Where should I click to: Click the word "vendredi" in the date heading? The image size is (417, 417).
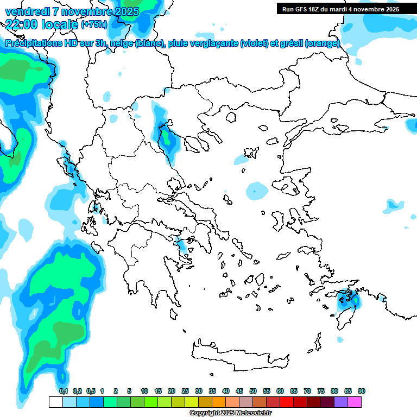point(24,11)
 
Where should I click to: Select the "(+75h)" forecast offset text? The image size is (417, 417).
point(94,24)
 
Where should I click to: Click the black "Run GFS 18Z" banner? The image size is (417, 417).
point(339,9)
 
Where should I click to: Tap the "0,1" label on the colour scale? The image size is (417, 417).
point(64,391)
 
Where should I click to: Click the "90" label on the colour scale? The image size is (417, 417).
point(362,391)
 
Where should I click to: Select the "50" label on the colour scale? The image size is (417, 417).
point(253,391)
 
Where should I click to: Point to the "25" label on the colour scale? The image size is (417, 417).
point(185,391)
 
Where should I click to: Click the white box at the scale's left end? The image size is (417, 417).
point(55,402)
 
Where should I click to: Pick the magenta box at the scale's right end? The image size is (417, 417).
point(355,402)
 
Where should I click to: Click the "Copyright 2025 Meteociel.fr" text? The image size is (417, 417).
point(230,413)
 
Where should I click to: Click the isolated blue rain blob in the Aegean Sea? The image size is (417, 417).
point(256,191)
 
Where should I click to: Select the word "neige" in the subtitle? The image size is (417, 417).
point(123,44)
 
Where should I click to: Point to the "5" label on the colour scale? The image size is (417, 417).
point(129,391)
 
